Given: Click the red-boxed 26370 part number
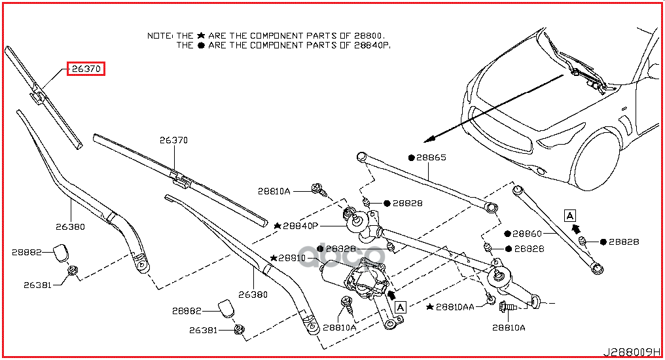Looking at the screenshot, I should (86, 69).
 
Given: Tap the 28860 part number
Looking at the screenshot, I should (527, 233).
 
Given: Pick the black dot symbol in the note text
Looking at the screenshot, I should (201, 45).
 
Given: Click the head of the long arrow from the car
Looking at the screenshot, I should (427, 140).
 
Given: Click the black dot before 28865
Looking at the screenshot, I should (412, 158).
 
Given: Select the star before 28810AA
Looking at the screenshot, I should (429, 306).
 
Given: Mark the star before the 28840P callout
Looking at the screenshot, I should (278, 226).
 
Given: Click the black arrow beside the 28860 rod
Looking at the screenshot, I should (577, 228).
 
